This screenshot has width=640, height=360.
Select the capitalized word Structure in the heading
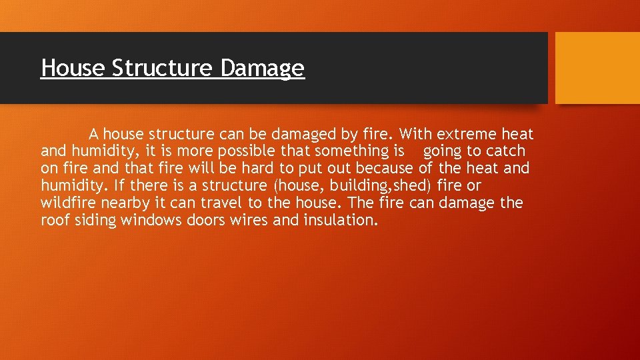pos(163,68)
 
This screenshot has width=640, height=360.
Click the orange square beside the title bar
pos(597,68)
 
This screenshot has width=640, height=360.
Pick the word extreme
pos(465,135)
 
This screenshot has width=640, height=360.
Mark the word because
pos(387,169)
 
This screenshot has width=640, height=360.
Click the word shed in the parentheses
pos(412,186)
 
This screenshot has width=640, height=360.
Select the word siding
pos(95,220)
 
